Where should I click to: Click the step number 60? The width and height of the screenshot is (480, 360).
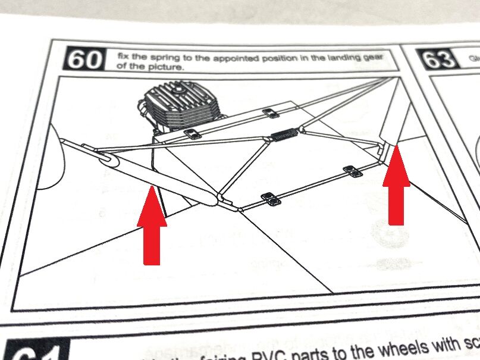[x=83, y=60]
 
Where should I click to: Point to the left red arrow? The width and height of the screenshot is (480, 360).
[x=152, y=223]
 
